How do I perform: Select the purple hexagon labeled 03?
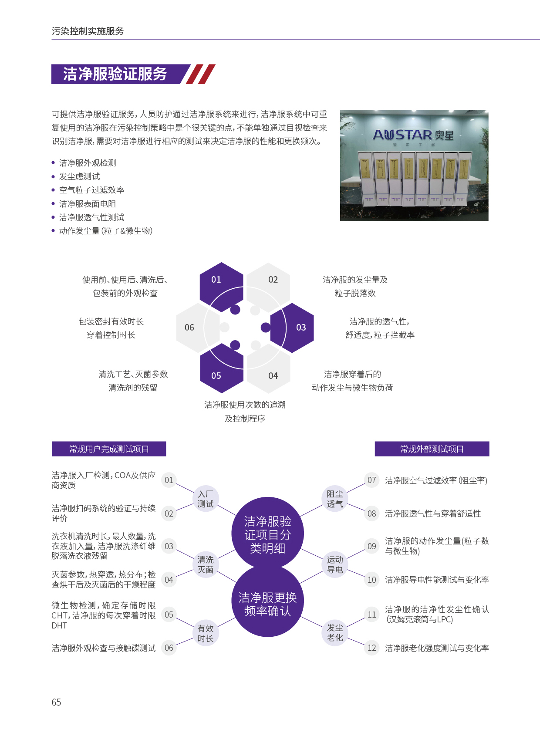tap(292, 328)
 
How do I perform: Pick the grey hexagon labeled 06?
tap(198, 328)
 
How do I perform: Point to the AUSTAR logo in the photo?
tap(413, 135)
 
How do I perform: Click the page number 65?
tap(56, 702)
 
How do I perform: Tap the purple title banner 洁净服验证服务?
tap(121, 74)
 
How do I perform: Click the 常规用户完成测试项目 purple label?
tap(109, 449)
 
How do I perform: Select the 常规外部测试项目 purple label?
tap(432, 449)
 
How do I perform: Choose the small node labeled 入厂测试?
tap(206, 499)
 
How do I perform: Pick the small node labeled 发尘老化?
tap(335, 632)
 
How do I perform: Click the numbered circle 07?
tap(372, 480)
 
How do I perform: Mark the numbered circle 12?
tap(372, 648)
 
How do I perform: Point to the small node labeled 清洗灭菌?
tap(206, 564)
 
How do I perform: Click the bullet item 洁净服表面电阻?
tap(88, 204)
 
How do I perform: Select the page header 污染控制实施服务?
tap(88, 31)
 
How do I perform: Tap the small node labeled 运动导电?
tap(335, 564)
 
